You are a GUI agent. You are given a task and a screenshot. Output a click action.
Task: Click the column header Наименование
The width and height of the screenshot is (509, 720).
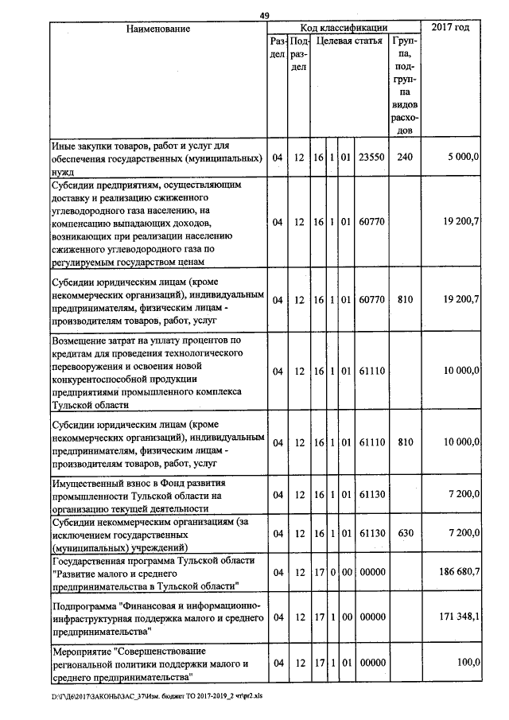pyautogui.click(x=157, y=29)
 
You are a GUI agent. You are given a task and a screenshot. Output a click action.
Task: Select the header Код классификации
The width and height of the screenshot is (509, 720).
pyautogui.click(x=344, y=29)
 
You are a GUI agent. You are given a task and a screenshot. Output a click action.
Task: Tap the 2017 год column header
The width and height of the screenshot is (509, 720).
pyautogui.click(x=450, y=29)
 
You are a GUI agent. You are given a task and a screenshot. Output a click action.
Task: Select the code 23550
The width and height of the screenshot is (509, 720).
pyautogui.click(x=371, y=158)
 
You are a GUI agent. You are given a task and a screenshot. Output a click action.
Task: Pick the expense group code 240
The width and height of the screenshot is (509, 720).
pyautogui.click(x=405, y=158)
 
